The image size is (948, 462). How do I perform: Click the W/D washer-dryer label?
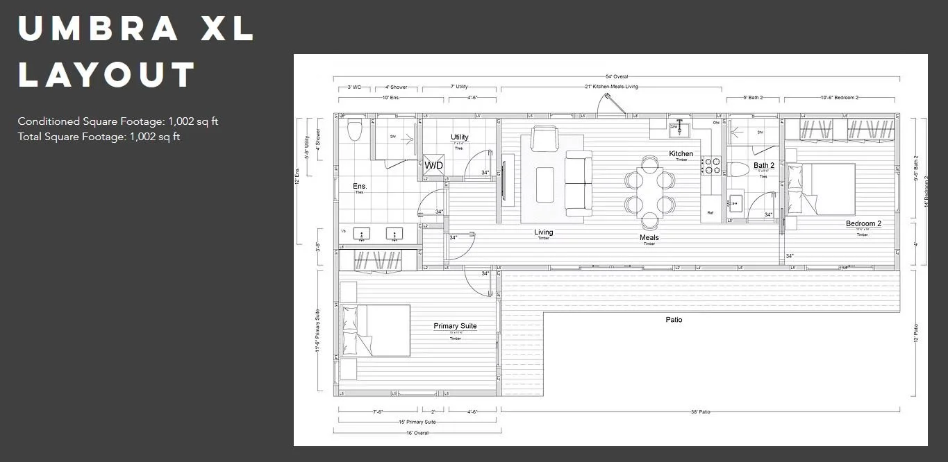coord(433,166)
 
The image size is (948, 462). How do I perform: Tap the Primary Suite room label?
coord(455,326)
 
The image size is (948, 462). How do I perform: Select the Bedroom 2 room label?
coord(863,223)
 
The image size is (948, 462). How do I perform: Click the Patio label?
coord(674,320)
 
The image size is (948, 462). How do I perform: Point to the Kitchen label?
coord(681,154)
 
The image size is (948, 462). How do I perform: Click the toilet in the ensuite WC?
coord(355,130)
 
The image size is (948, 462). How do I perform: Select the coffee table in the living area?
coord(545,184)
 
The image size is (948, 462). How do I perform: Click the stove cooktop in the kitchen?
coord(712,166)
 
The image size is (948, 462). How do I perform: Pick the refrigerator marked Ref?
coord(710,213)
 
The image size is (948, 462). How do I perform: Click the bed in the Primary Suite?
coord(376,330)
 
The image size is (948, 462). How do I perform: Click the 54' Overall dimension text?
coord(616,76)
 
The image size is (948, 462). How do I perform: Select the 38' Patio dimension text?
coord(699,412)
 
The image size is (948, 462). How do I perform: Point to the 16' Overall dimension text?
coord(417,433)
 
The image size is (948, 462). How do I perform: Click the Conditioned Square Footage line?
coord(118,121)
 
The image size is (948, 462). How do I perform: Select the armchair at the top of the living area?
coord(543,137)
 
